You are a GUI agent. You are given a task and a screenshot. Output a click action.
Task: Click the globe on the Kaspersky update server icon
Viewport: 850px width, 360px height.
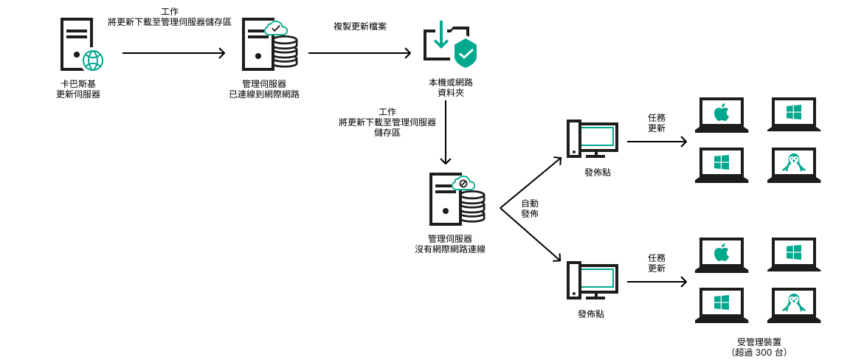[93, 60]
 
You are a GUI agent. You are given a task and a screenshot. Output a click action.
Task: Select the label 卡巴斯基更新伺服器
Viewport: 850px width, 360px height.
[78, 89]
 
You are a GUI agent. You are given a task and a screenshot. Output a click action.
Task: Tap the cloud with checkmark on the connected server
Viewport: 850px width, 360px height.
[276, 29]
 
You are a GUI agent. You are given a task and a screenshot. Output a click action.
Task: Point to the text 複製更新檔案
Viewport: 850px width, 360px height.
[360, 27]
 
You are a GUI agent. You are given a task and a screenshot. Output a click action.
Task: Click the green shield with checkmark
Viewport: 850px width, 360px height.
[465, 53]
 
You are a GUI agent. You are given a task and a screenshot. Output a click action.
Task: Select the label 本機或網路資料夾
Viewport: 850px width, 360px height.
[450, 88]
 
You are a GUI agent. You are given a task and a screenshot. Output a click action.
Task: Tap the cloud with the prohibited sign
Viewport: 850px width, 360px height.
[463, 183]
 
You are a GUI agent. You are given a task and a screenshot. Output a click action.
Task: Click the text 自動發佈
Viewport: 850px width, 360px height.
[530, 208]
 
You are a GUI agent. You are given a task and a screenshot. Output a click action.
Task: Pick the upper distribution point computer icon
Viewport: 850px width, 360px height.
[592, 139]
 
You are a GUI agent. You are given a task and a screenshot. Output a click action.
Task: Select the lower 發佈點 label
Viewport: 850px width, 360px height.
[591, 314]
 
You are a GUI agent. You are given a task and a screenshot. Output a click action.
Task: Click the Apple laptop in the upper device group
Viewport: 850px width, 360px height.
[722, 114]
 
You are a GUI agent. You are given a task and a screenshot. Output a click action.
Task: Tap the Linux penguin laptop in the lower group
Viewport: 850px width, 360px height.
[794, 305]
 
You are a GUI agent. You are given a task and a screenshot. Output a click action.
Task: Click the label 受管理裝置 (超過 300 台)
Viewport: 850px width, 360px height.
[759, 347]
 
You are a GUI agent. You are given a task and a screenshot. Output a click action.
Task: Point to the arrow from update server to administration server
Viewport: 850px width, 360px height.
[173, 53]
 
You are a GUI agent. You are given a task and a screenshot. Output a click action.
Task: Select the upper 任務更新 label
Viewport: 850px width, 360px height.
[657, 122]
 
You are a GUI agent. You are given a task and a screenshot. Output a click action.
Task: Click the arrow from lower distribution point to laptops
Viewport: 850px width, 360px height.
[657, 282]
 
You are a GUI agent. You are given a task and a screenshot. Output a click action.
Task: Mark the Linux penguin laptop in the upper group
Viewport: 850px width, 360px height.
[794, 165]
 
